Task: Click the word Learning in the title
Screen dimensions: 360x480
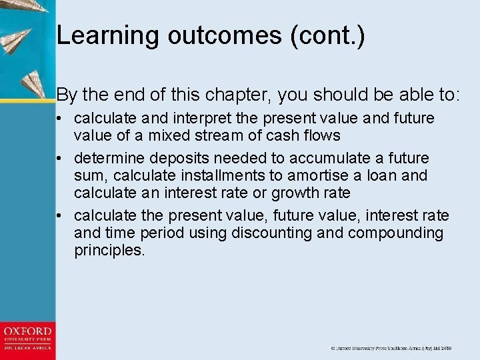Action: [107, 35]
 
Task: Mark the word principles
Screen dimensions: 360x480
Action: [109, 251]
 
